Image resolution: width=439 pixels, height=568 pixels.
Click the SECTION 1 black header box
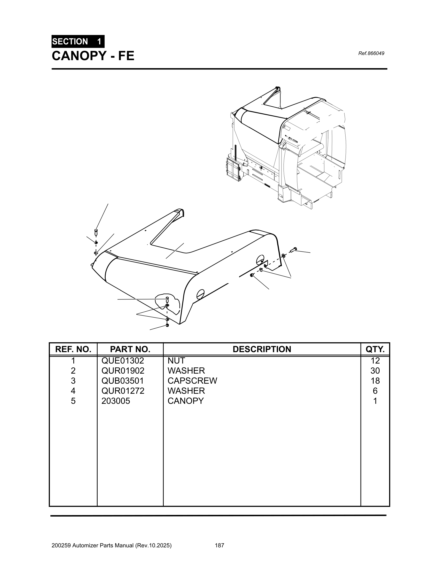pyautogui.click(x=78, y=41)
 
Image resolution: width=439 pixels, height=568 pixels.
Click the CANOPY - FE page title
pyautogui.click(x=93, y=56)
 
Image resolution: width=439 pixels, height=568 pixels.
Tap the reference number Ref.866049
pyautogui.click(x=371, y=54)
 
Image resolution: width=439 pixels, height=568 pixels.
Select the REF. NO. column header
pyautogui.click(x=73, y=349)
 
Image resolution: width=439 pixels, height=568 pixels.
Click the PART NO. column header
pyautogui.click(x=130, y=349)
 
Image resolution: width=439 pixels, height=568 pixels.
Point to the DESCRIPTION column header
pyautogui.click(x=262, y=349)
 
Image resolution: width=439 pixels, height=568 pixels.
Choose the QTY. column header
pyautogui.click(x=375, y=349)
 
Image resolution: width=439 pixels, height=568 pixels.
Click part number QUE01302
pyautogui.click(x=122, y=361)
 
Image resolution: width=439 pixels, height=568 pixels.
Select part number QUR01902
pyautogui.click(x=123, y=370)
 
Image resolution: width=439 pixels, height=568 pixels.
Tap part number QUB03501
pyautogui.click(x=122, y=381)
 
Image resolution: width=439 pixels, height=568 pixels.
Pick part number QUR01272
pyautogui.click(x=123, y=391)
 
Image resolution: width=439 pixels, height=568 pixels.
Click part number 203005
pyautogui.click(x=116, y=401)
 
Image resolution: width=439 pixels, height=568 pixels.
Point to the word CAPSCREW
pyautogui.click(x=192, y=381)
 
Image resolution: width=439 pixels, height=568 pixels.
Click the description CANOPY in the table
pyautogui.click(x=186, y=401)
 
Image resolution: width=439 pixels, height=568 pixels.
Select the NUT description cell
pyautogui.click(x=176, y=361)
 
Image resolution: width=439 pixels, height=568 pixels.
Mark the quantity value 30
pyautogui.click(x=375, y=370)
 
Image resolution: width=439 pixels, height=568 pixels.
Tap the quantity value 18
pyautogui.click(x=375, y=381)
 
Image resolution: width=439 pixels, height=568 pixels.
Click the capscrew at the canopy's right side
pyautogui.click(x=293, y=250)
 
